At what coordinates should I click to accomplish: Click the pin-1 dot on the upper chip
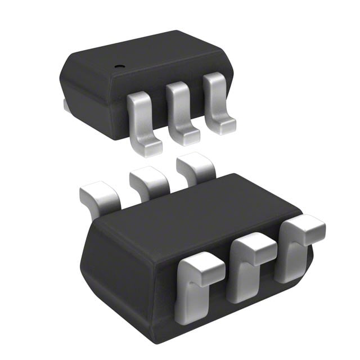[x=119, y=66]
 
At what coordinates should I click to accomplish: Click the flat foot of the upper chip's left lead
[x=147, y=147]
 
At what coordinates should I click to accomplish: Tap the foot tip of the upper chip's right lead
[x=224, y=126]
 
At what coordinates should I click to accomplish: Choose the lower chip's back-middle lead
[x=149, y=183]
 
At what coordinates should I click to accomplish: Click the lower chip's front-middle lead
[x=247, y=264]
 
